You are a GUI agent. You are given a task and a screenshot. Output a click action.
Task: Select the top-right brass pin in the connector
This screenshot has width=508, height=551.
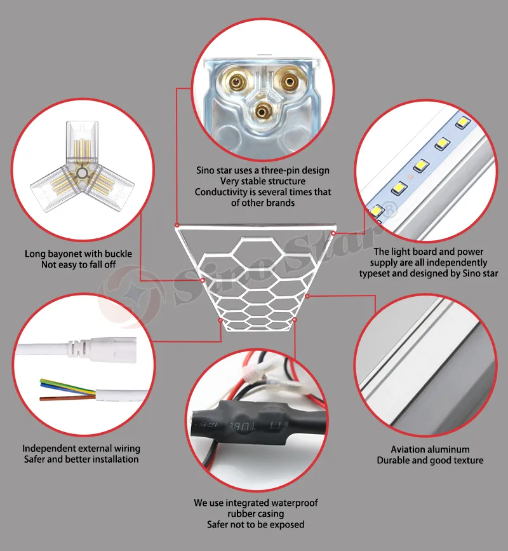tap(288, 82)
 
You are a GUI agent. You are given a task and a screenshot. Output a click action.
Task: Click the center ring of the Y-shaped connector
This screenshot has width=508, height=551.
tap(82, 173)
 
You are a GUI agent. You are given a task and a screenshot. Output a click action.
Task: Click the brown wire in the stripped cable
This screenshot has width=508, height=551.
tap(67, 398)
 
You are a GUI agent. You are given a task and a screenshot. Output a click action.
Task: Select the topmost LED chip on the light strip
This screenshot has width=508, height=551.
tap(463, 122)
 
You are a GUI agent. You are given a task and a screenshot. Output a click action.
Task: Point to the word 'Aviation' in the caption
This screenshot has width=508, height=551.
tap(408, 449)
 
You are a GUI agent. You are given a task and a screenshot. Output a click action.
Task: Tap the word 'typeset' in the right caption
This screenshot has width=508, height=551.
tap(374, 273)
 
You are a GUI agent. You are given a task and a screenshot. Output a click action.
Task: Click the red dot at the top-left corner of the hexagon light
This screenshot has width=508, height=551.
tap(177, 225)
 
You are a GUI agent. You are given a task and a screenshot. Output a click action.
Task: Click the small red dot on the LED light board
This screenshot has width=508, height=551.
tap(410, 176)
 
